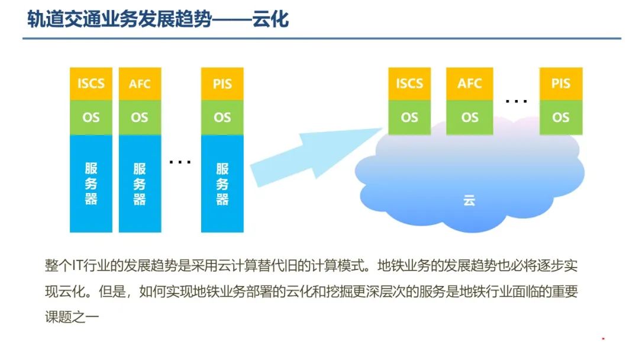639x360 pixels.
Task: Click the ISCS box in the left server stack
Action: (91, 83)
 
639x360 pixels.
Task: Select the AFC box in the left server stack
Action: (140, 83)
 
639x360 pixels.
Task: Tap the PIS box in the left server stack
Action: (222, 83)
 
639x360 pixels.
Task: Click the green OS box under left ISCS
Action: (91, 117)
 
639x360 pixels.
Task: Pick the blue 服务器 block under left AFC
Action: (140, 184)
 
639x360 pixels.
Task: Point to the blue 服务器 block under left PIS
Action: (222, 184)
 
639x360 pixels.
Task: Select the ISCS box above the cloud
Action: (409, 83)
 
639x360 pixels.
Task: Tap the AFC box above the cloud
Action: (470, 83)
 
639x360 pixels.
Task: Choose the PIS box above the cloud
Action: (561, 83)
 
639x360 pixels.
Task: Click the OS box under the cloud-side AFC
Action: (470, 117)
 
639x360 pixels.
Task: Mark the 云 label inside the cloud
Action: (469, 201)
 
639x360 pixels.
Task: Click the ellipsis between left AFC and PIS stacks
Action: (180, 161)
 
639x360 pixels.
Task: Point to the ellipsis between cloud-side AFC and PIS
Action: (516, 101)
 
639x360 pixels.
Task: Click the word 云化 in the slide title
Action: (270, 20)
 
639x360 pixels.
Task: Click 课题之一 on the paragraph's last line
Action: (75, 317)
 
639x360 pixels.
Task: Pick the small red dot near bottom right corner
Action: (603, 339)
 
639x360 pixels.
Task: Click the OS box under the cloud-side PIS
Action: (561, 117)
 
